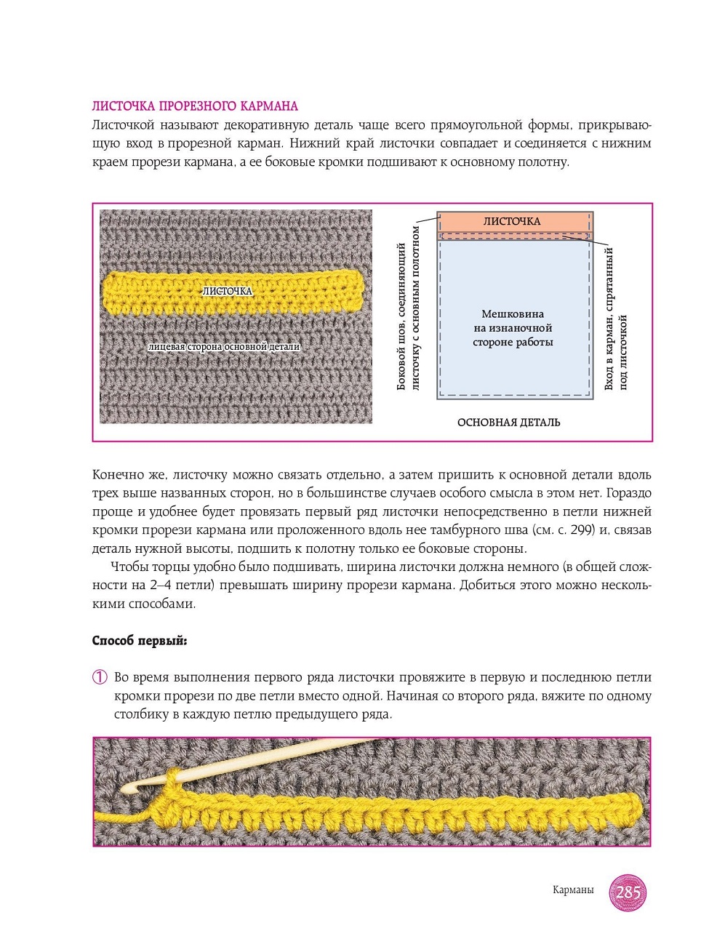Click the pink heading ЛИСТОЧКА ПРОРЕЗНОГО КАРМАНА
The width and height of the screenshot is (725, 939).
click(x=195, y=106)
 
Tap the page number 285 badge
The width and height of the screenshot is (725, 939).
click(x=628, y=892)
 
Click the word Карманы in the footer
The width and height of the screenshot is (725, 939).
click(x=573, y=890)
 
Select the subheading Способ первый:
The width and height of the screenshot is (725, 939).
click(x=140, y=641)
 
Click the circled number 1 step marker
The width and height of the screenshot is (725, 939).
click(x=100, y=677)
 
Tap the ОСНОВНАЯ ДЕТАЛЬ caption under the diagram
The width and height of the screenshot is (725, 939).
click(x=508, y=423)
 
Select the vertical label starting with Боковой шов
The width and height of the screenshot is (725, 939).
click(x=408, y=308)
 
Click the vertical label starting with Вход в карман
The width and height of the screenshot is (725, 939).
click(x=615, y=319)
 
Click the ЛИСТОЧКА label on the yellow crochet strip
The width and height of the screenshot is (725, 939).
click(x=228, y=291)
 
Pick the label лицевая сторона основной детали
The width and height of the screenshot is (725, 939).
click(x=224, y=347)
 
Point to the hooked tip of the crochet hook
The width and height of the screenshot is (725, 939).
click(x=131, y=788)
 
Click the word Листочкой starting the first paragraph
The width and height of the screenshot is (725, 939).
click(x=124, y=125)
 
